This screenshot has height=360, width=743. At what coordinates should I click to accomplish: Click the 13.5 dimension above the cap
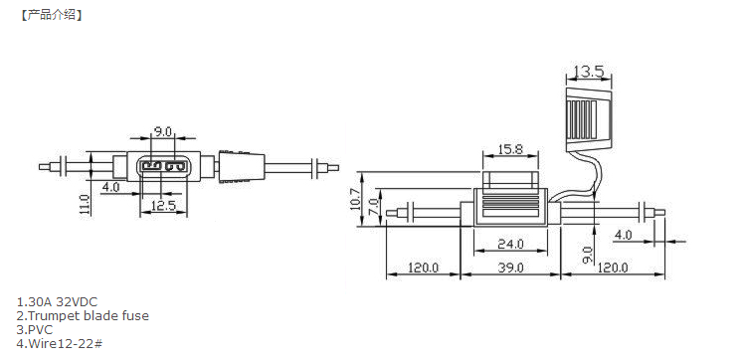click(588, 72)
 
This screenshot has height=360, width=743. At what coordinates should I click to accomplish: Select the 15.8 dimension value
click(510, 150)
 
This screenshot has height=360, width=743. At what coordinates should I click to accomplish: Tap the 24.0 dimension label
click(510, 244)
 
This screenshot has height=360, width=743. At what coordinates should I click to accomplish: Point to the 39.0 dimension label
click(510, 268)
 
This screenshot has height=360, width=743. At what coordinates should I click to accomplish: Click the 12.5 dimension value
click(163, 206)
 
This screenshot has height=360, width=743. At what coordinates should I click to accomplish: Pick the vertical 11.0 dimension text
click(85, 205)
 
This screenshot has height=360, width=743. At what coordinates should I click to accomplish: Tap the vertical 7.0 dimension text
click(373, 207)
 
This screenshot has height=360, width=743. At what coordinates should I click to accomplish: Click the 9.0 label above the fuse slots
click(162, 131)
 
